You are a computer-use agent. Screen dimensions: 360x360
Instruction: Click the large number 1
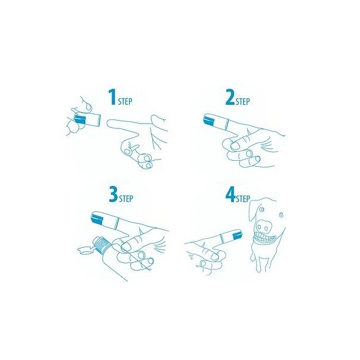click(x=113, y=97)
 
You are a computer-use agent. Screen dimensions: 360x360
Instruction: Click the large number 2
click(x=230, y=97)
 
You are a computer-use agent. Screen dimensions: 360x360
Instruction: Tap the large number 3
click(x=113, y=194)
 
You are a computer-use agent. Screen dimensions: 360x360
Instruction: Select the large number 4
click(x=230, y=194)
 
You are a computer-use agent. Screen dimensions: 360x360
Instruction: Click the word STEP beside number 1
click(x=125, y=101)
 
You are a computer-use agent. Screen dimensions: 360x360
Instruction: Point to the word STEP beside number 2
click(x=242, y=101)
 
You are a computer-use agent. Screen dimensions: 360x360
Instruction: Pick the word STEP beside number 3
click(x=126, y=199)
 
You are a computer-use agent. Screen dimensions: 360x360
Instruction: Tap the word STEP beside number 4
click(x=242, y=199)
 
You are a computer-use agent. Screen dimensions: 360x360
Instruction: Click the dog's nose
click(x=262, y=226)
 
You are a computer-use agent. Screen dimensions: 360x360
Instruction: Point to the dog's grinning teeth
click(x=265, y=238)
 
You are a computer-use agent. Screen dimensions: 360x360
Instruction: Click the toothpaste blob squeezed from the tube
click(x=85, y=250)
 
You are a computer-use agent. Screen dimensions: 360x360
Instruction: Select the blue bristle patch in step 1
click(x=80, y=120)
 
